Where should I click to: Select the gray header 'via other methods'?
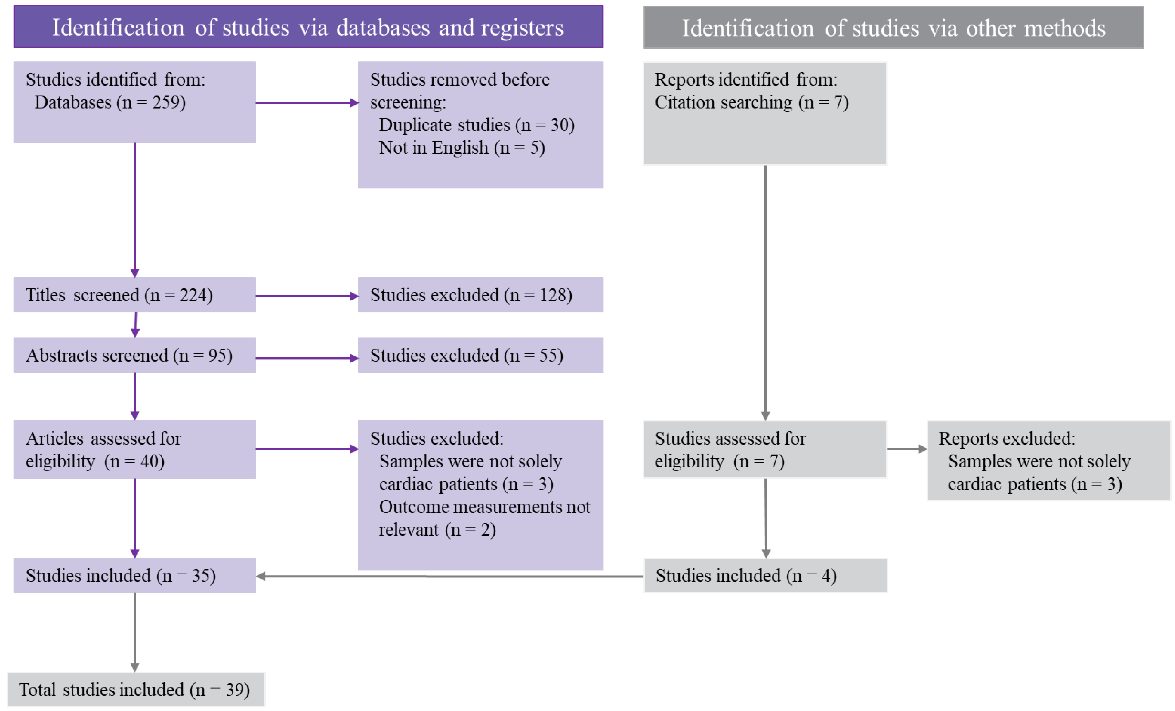pyautogui.click(x=893, y=28)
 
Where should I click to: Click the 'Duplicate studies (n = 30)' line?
pyautogui.click(x=477, y=125)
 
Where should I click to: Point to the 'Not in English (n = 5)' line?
pyautogui.click(x=462, y=148)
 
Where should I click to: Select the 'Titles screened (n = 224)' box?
pyautogui.click(x=134, y=295)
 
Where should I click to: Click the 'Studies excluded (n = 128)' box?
pyautogui.click(x=480, y=295)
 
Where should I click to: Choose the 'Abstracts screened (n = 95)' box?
pyautogui.click(x=134, y=355)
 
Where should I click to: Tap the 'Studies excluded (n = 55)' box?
pyautogui.click(x=480, y=355)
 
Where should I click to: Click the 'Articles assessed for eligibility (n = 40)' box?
pyautogui.click(x=134, y=450)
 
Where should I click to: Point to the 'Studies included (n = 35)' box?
pyautogui.click(x=134, y=575)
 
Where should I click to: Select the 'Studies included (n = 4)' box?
pyautogui.click(x=765, y=575)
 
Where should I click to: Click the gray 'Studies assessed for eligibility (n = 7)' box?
pyautogui.click(x=765, y=450)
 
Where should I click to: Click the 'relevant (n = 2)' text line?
pyautogui.click(x=437, y=530)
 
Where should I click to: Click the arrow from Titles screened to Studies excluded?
pyautogui.click(x=307, y=296)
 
